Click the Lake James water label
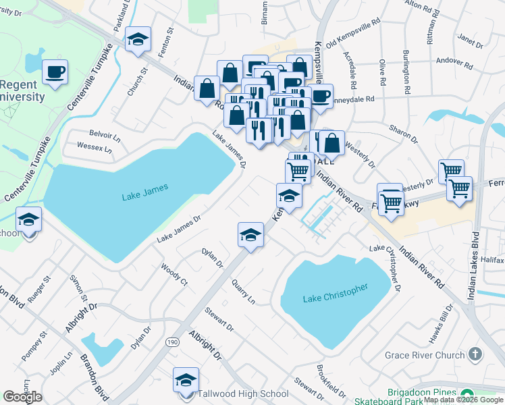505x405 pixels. [x=144, y=196]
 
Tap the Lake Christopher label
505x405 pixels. [x=336, y=293]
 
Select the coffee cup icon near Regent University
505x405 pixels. [x=55, y=72]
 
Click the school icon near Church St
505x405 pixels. [x=138, y=40]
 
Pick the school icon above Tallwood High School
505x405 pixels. [x=186, y=379]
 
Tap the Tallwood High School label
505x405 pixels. [x=236, y=394]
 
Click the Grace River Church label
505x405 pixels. [x=425, y=355]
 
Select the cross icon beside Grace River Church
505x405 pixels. [x=476, y=354]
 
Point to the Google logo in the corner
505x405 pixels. [x=22, y=397]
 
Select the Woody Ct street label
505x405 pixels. [x=174, y=275]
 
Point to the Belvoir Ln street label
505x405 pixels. [x=105, y=134]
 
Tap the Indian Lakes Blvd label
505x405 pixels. [x=475, y=256]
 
